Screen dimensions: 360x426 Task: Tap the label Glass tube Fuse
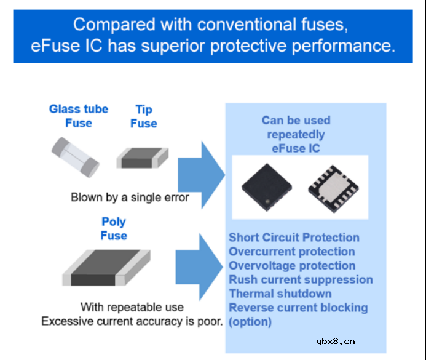coord(79,116)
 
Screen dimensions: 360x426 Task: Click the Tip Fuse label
coord(144,116)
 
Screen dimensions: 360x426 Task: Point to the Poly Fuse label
coord(114,229)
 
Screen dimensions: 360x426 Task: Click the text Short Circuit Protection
coord(294,238)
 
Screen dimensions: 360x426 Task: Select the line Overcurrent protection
coord(291,252)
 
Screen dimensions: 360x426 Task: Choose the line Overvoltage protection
coord(292,266)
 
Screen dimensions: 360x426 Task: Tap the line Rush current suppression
coord(301,279)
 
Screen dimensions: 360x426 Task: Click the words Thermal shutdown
coord(280,294)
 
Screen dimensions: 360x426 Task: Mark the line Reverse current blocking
coord(298,308)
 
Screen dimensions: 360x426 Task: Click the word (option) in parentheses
coord(250,322)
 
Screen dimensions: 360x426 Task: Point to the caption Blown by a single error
coord(130,198)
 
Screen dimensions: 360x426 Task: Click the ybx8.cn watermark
coord(335,342)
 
